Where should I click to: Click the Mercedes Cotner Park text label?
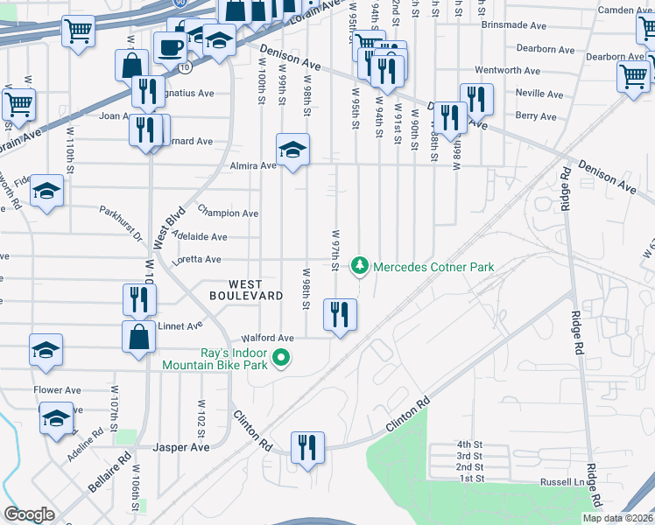tap(433, 267)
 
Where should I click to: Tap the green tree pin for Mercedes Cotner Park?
tap(358, 264)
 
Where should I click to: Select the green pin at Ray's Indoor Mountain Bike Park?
tap(281, 357)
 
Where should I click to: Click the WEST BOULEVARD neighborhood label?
tap(245, 290)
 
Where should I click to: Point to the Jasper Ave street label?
tap(181, 447)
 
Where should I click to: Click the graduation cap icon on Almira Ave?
tap(293, 148)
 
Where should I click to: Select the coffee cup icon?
tap(170, 47)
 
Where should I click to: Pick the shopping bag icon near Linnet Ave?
tap(139, 337)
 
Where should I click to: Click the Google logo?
tap(29, 514)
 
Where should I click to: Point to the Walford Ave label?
tap(268, 338)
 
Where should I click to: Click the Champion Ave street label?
tap(228, 213)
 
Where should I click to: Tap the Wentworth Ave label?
tap(507, 70)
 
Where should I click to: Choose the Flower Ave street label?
tap(57, 390)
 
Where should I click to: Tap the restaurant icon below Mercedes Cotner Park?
tap(340, 315)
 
